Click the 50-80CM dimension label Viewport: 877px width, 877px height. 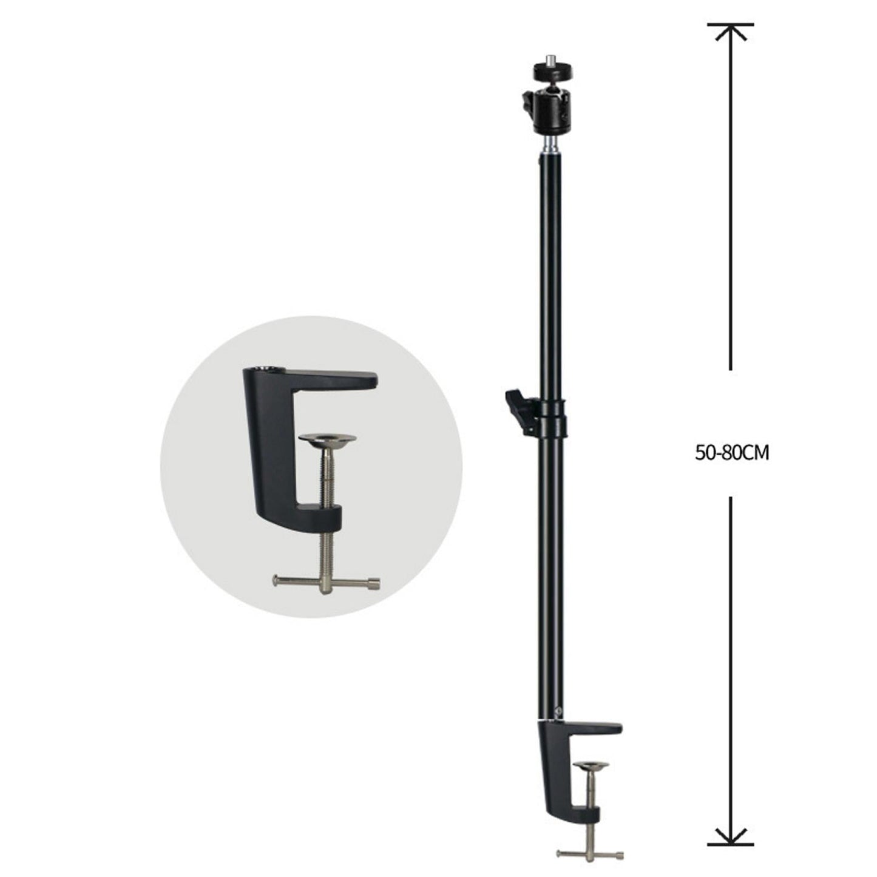pos(732,453)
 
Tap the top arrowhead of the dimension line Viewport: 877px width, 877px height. pos(730,30)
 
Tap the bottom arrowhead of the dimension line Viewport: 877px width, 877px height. pos(730,838)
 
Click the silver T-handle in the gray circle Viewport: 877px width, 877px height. pos(327,581)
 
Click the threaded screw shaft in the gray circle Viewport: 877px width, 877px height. pos(327,479)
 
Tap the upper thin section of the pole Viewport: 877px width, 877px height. pos(549,273)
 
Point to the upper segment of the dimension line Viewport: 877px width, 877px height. pos(730,200)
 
